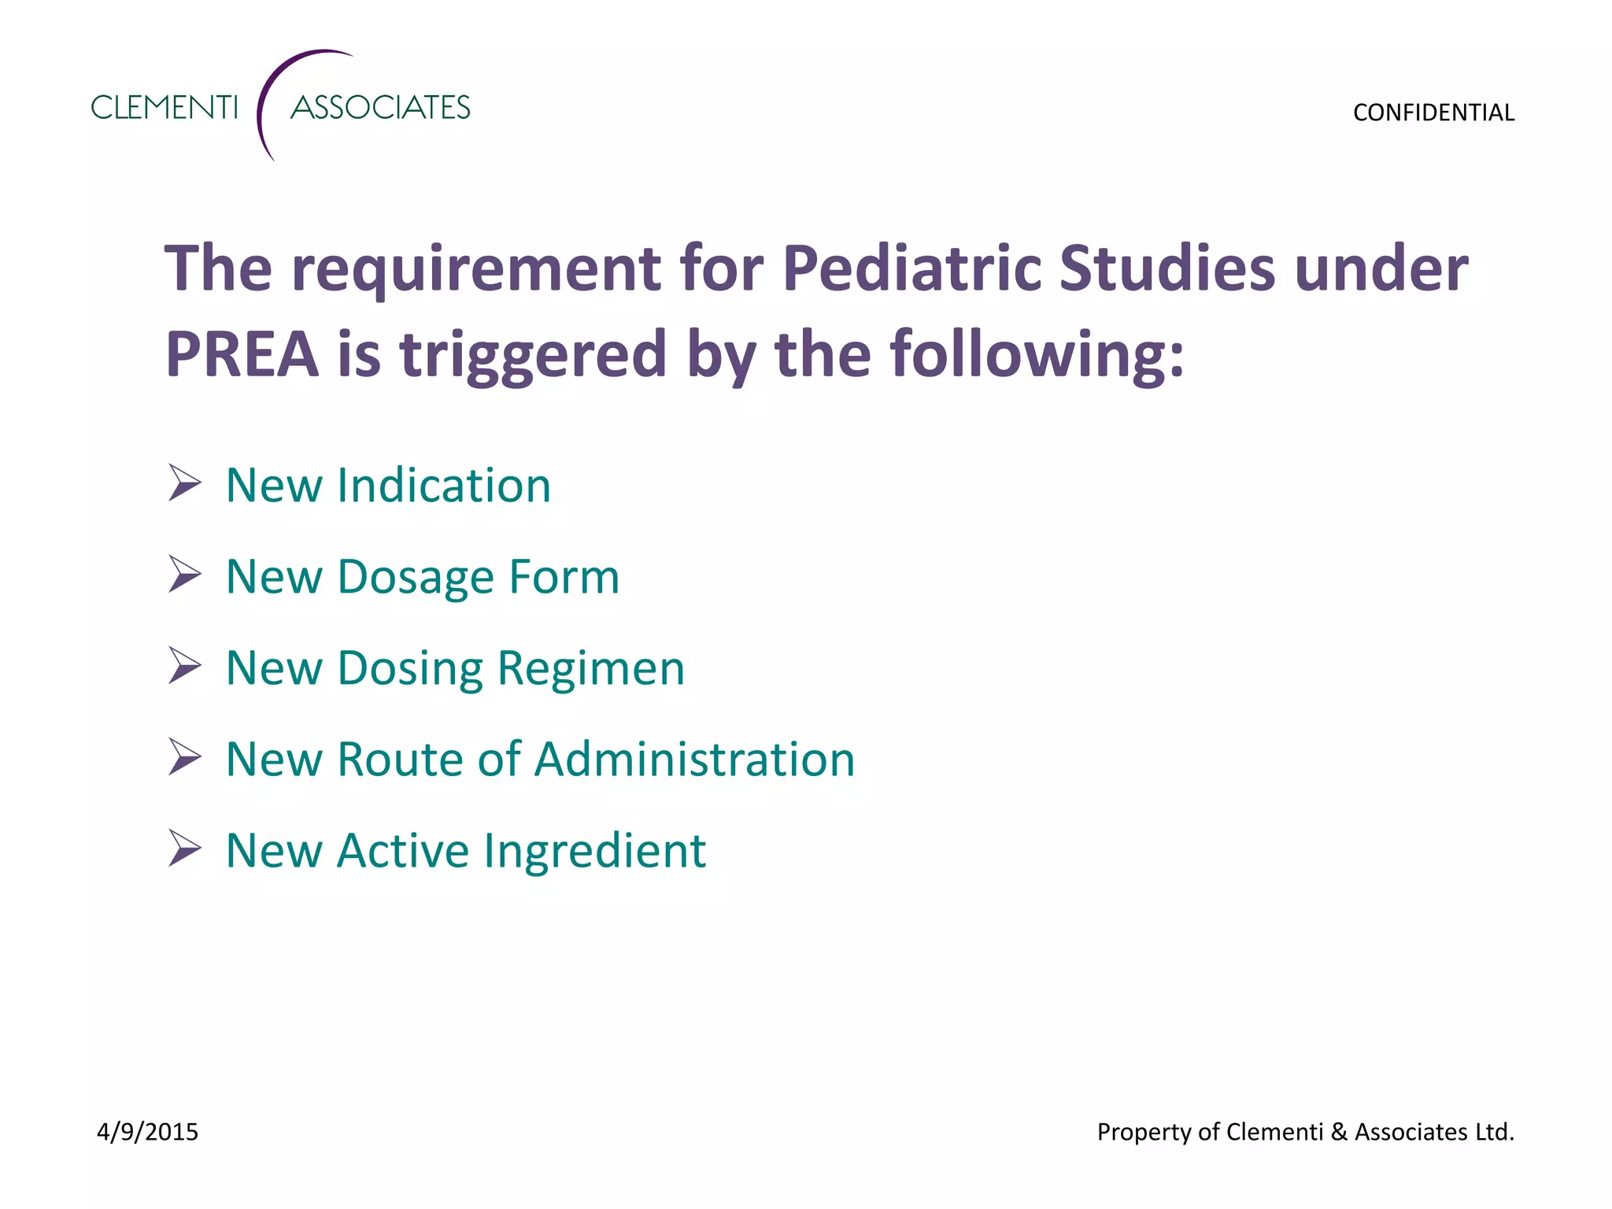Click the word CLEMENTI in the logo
[164, 108]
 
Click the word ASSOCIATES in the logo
[380, 108]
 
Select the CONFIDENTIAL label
[1433, 113]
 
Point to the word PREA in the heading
[242, 355]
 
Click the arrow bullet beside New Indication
[184, 483]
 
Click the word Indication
[444, 486]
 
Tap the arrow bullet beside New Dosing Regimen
[184, 666]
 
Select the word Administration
[697, 760]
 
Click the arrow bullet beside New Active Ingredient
[184, 849]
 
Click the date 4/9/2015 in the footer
[147, 1132]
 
